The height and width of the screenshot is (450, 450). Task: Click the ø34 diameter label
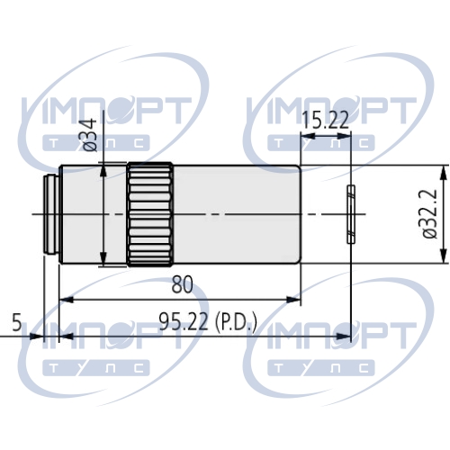point(89,135)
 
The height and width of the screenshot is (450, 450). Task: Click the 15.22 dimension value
point(326,120)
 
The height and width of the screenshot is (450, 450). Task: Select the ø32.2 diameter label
point(429,214)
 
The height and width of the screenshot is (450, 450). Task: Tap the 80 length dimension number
point(182,284)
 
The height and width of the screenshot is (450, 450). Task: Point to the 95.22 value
point(184,321)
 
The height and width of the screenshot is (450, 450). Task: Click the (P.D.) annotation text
point(236,322)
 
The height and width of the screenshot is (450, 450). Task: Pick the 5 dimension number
point(17,323)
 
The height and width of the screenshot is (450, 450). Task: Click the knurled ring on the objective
point(150,214)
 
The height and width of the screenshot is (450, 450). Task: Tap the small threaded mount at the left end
point(51,214)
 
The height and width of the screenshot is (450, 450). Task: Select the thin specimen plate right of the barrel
point(351,214)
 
